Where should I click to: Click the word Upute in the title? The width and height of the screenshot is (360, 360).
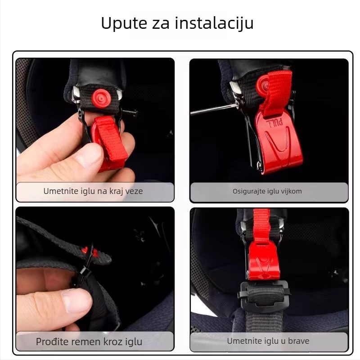(x=124, y=23)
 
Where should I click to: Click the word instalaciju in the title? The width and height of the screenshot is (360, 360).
(x=214, y=23)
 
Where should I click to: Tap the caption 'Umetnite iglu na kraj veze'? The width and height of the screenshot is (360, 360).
(x=93, y=191)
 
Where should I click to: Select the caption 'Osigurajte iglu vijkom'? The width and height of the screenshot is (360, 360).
(x=267, y=191)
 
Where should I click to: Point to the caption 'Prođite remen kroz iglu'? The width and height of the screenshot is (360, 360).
(x=89, y=342)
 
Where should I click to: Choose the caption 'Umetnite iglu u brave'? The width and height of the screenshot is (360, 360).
(x=268, y=341)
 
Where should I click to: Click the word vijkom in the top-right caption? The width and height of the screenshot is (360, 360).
(x=292, y=191)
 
